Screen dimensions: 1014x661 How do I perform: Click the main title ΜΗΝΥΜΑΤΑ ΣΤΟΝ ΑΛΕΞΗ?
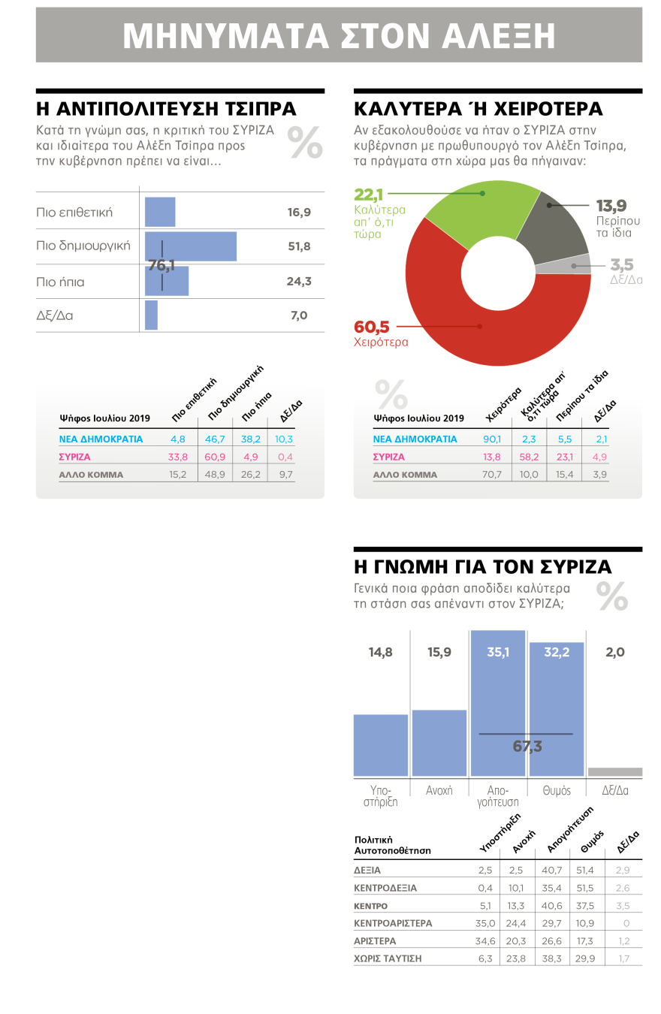[339, 35]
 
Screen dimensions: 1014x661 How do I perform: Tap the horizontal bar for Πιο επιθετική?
[160, 212]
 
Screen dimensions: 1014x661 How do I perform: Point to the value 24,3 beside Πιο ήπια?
[299, 282]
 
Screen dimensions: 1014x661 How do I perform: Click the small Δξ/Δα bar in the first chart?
[151, 315]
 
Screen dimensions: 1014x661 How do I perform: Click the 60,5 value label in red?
[373, 327]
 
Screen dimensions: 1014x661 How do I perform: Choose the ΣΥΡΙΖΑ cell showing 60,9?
[216, 457]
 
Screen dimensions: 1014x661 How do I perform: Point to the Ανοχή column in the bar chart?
[439, 743]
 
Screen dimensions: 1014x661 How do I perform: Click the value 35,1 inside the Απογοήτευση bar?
[497, 652]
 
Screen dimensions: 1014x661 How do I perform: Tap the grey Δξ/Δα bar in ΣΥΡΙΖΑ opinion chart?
[614, 771]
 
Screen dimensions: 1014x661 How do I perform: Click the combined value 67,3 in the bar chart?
[527, 746]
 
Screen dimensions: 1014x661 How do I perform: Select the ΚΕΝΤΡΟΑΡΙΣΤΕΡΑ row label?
[393, 923]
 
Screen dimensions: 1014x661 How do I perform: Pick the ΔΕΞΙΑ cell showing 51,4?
[585, 870]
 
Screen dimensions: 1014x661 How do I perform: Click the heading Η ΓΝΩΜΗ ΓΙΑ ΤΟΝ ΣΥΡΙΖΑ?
[482, 566]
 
